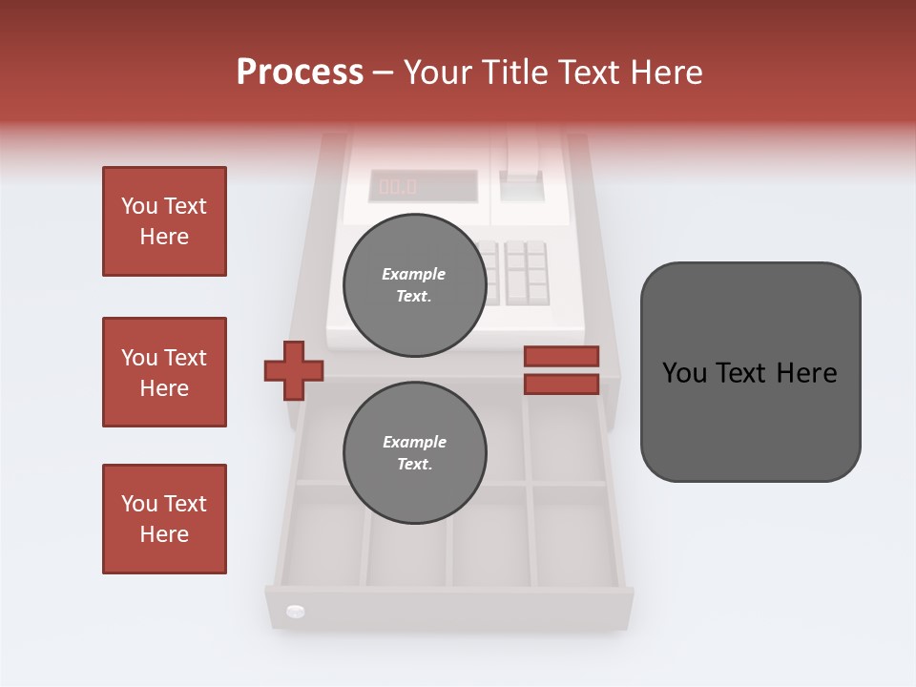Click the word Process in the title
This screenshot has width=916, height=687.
tap(300, 73)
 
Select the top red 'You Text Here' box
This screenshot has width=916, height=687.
tap(164, 221)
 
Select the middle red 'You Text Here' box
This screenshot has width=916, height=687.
tap(164, 372)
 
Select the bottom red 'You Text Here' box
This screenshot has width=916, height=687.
tap(164, 519)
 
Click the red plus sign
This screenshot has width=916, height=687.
tap(294, 370)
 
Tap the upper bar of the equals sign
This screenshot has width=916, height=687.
tap(561, 356)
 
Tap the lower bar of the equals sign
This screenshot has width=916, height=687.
tap(561, 384)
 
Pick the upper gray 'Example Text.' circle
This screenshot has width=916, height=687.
tap(414, 284)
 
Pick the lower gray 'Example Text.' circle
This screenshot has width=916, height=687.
tap(414, 453)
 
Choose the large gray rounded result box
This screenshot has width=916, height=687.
tap(750, 372)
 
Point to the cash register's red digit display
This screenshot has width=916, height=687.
tap(398, 186)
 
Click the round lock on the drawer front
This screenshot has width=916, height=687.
tap(295, 611)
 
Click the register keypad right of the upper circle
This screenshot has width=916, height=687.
tap(525, 271)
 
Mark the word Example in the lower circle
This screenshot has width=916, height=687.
tap(414, 442)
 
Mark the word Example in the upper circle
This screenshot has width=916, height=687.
tap(414, 274)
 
